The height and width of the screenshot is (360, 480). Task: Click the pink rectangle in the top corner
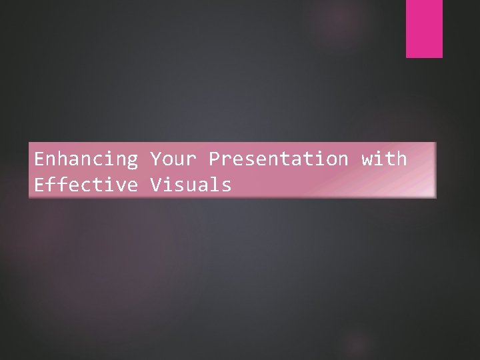pos(425,29)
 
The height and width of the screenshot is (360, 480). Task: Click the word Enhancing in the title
pos(86,159)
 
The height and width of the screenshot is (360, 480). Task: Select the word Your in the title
pos(173,159)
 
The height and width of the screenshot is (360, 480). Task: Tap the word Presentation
pos(278,159)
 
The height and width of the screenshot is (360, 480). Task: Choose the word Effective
pos(86,185)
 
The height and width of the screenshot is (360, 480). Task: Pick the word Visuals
pos(191,185)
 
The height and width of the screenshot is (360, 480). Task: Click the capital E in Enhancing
pos(39,159)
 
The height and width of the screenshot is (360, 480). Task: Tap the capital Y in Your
pos(155,159)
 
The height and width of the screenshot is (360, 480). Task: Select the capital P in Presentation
pos(214,159)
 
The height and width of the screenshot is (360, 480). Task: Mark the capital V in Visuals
pos(155,185)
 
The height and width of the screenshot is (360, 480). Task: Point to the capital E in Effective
pos(39,185)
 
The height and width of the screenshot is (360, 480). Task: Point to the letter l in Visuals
pos(214,185)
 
